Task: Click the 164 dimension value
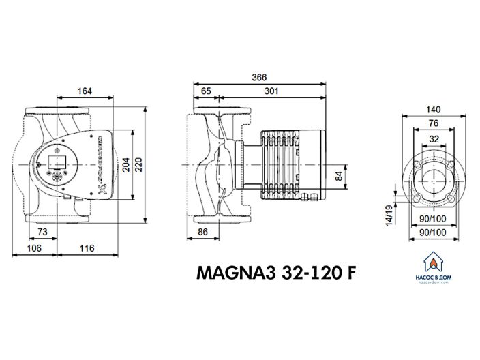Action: coord(85,91)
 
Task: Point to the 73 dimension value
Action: coord(42,232)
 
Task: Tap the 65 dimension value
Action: coord(207,91)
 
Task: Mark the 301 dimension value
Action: coord(271,91)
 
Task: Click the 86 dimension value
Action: coord(202,233)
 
